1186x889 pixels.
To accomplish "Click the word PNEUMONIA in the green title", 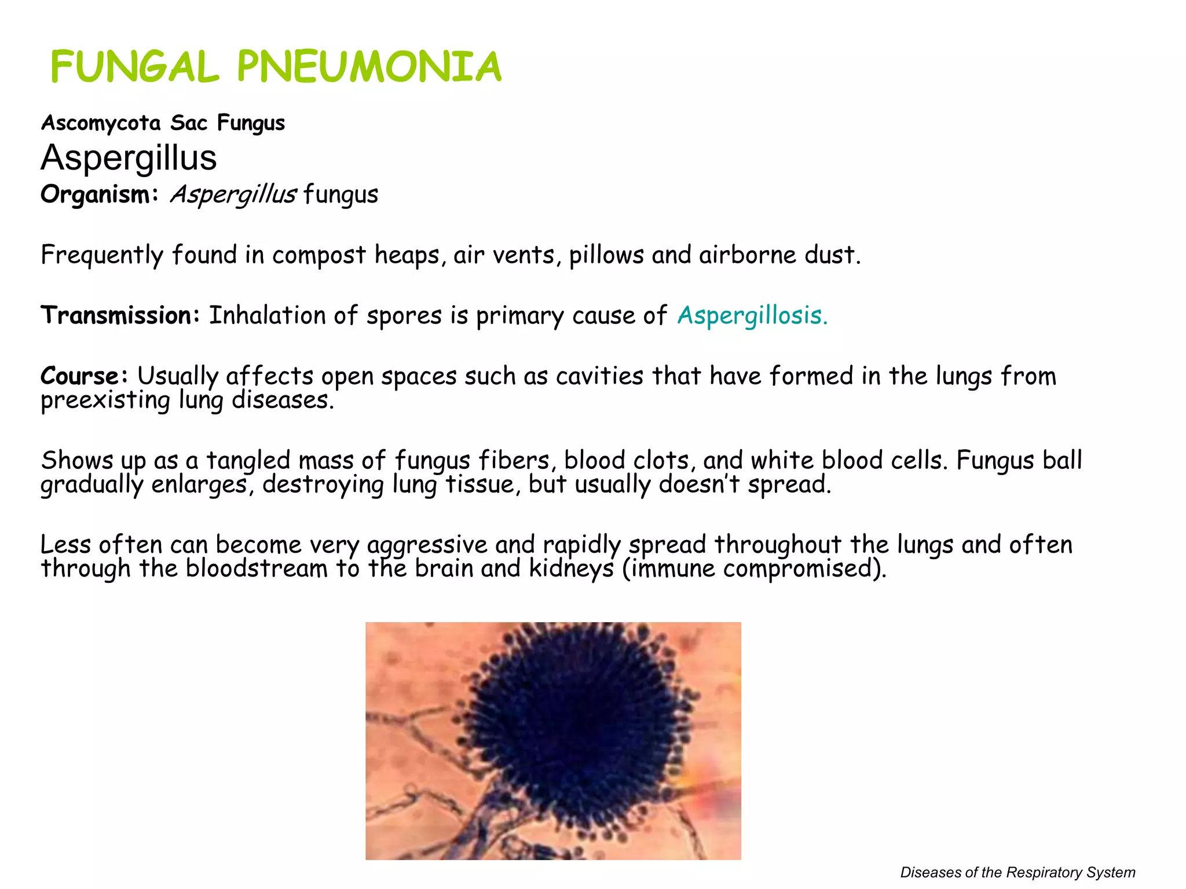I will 369,67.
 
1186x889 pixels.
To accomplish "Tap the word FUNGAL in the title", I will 134,67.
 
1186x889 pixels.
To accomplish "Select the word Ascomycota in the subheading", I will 101,123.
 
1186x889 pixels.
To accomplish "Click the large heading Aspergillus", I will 129,157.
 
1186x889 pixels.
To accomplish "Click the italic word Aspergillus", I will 233,194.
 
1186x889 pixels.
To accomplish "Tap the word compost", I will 319,255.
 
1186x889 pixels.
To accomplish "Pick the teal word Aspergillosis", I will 752,315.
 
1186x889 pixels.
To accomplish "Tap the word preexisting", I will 105,400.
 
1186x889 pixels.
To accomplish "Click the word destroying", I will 323,484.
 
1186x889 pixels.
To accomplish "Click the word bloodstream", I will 257,568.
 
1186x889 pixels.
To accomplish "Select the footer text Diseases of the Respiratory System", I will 1017,872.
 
